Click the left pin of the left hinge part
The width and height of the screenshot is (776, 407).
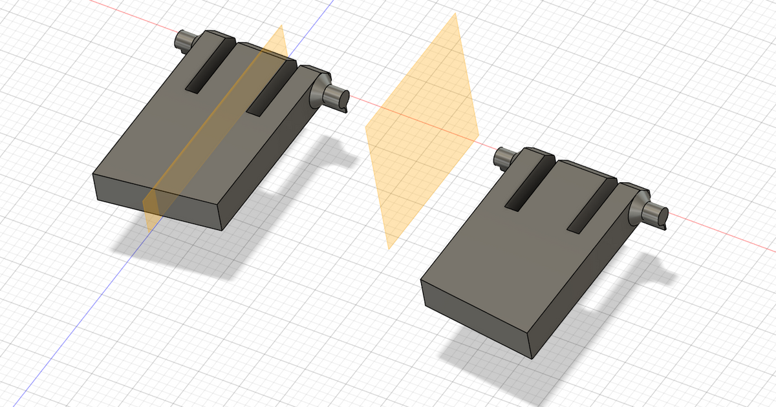tap(184, 43)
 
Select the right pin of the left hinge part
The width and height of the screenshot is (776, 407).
tap(337, 98)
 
